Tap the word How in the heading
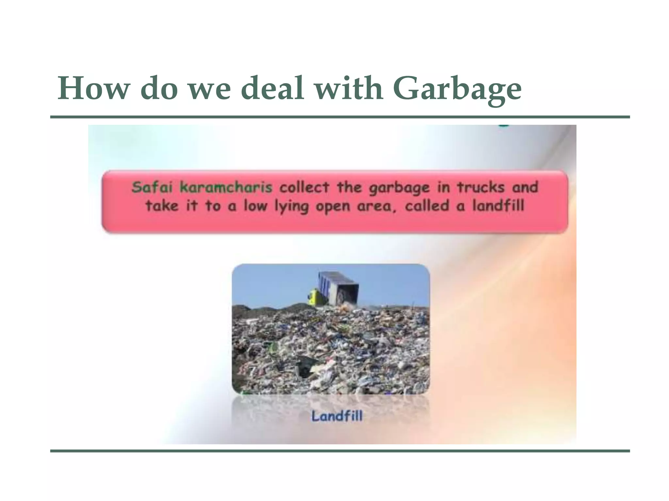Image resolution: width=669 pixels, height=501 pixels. point(91,88)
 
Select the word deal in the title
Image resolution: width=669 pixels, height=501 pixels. point(274,88)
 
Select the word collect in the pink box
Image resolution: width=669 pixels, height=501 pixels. point(304,187)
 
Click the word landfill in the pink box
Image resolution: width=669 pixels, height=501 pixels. point(498,206)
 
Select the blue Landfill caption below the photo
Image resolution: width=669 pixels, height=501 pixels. point(337,416)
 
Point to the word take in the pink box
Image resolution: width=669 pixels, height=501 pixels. point(162,206)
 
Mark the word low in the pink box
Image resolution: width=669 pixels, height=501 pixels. point(255,206)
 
